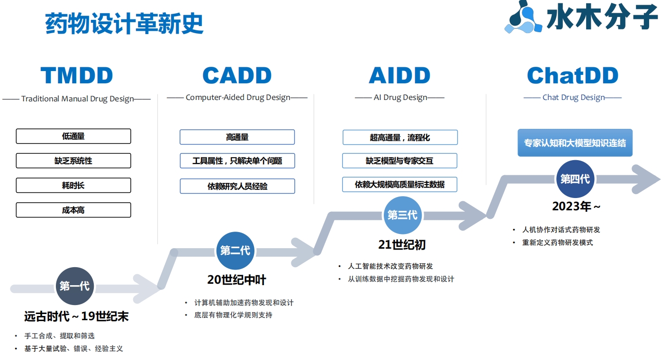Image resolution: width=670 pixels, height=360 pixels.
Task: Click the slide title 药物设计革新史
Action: coord(124,23)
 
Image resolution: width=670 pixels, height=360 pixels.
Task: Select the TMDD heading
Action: coord(77,75)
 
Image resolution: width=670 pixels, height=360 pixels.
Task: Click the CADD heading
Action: coord(237,75)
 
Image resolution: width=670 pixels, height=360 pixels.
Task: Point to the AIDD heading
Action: coord(399,75)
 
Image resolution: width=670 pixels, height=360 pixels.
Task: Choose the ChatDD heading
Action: coord(572,75)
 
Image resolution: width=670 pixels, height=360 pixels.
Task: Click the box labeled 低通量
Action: coord(73,136)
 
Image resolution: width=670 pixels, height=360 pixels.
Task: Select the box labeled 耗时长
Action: coord(73,185)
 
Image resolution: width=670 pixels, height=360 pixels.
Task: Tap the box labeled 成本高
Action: coord(73,210)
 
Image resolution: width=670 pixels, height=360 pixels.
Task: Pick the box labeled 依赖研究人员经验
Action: coord(237,186)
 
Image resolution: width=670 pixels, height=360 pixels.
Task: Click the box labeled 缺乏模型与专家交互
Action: coord(399,161)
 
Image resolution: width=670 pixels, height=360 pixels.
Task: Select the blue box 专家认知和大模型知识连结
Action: coord(575,143)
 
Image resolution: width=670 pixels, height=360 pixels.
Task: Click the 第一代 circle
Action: coord(75,286)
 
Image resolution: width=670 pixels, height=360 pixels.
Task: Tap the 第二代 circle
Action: coord(235,251)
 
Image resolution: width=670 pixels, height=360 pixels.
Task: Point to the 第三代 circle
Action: coord(403,215)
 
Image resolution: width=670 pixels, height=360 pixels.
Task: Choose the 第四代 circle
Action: coord(575,179)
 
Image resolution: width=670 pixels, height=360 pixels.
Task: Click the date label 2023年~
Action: coord(576,207)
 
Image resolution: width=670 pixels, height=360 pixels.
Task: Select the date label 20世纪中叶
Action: coord(236,280)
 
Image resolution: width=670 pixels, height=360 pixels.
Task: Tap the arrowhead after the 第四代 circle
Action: coord(646,179)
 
